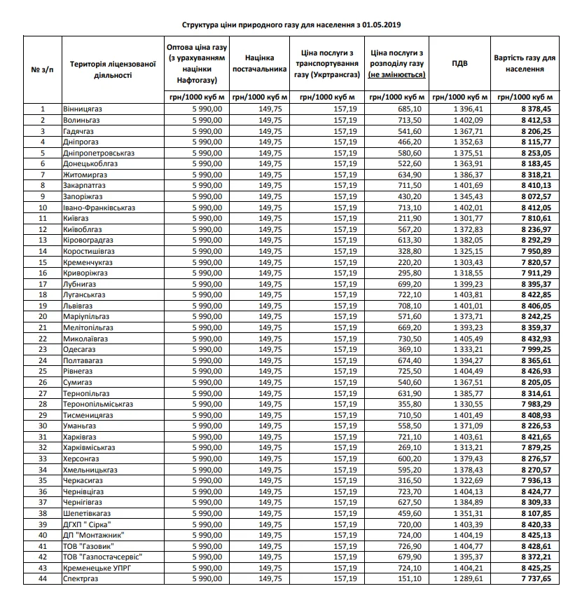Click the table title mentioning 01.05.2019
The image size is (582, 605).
[291, 25]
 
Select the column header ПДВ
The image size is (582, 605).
[459, 63]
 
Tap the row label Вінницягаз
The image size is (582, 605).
[83, 109]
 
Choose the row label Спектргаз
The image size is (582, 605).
[81, 578]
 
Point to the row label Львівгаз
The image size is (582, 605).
[78, 306]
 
